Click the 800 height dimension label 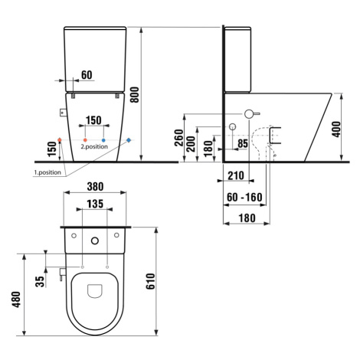[x=135, y=95]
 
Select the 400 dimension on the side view [x=336, y=129]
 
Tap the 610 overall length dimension [x=150, y=281]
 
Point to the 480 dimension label [x=16, y=299]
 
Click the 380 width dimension [x=95, y=187]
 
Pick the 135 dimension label [x=95, y=204]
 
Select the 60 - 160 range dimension [x=244, y=197]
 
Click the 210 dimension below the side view [x=236, y=175]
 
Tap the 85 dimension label [x=243, y=143]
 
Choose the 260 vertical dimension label [x=179, y=138]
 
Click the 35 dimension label [x=40, y=282]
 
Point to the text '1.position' [x=47, y=172]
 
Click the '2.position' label [x=94, y=146]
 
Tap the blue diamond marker [x=129, y=140]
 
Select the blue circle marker [x=103, y=140]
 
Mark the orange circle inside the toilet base [x=85, y=140]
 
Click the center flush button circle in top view [x=95, y=241]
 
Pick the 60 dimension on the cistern [x=87, y=75]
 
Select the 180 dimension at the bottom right [x=247, y=218]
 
